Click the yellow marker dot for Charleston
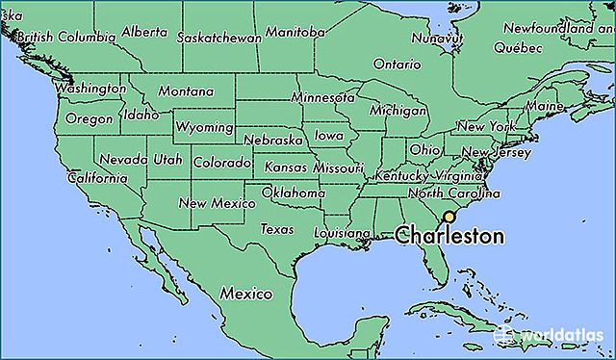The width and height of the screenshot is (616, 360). tap(449, 218)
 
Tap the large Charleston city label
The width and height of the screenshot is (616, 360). tap(450, 235)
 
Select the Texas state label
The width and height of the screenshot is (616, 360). tap(277, 230)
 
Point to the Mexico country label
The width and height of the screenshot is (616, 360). tap(244, 293)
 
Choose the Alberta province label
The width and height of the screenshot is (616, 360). tap(144, 32)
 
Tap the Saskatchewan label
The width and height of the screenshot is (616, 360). tap(219, 38)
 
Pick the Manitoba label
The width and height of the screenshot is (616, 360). tap(295, 32)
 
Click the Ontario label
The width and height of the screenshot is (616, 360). tap(398, 64)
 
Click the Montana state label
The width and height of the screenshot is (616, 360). tap(186, 91)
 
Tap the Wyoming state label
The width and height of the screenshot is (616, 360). tap(204, 127)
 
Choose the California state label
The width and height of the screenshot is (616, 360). tap(97, 178)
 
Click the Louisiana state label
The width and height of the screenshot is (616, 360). tap(342, 234)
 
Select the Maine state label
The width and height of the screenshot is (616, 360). tap(545, 105)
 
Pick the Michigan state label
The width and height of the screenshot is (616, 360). tap(398, 111)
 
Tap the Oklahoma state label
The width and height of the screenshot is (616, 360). tap(294, 193)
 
